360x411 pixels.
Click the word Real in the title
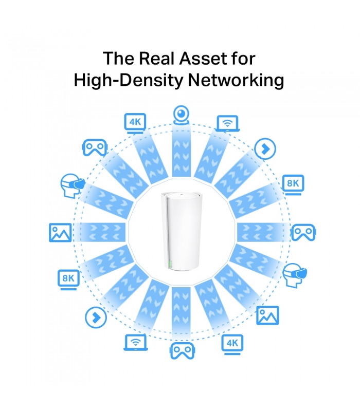pyautogui.click(x=157, y=58)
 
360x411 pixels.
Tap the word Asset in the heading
pyautogui.click(x=203, y=58)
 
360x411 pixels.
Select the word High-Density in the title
pyautogui.click(x=128, y=80)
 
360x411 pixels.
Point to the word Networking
pyautogui.click(x=236, y=80)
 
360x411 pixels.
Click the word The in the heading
pyautogui.click(x=119, y=58)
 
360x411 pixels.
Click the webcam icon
pyautogui.click(x=182, y=115)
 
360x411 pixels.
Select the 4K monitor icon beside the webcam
pyautogui.click(x=135, y=123)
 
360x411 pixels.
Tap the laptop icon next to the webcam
pyautogui.click(x=227, y=123)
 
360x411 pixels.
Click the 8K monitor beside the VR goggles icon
pyautogui.click(x=293, y=185)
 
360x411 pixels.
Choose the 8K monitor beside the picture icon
pyautogui.click(x=68, y=279)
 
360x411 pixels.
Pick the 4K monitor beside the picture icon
pyautogui.click(x=232, y=344)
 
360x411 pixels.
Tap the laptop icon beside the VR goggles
pyautogui.click(x=136, y=342)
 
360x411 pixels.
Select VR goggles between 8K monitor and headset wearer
pyautogui.click(x=303, y=232)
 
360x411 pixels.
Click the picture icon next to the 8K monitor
pyautogui.click(x=60, y=233)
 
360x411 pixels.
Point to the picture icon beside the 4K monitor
pyautogui.click(x=267, y=315)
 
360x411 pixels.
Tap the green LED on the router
pyautogui.click(x=171, y=264)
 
